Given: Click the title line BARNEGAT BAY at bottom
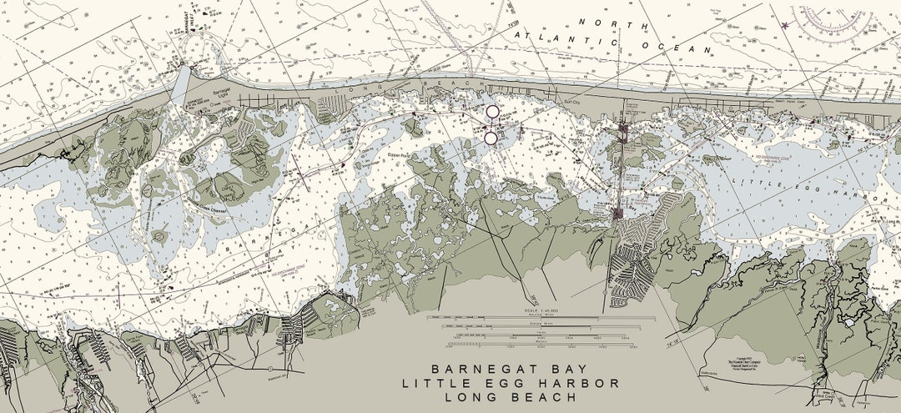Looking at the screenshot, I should [511, 369].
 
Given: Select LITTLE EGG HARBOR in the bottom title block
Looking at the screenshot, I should [511, 383].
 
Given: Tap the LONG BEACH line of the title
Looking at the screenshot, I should [511, 397].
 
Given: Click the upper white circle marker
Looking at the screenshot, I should [492, 111].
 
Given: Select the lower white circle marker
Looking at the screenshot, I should [491, 138].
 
